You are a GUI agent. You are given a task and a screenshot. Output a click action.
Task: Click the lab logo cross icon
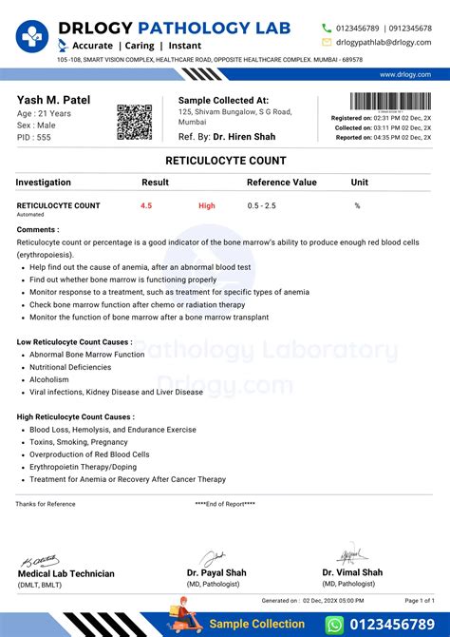click(31, 37)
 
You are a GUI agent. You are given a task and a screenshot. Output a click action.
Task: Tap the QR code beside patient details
click(134, 121)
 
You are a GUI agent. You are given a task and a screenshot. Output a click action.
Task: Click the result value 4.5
click(146, 205)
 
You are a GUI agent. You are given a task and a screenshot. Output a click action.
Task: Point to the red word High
click(207, 205)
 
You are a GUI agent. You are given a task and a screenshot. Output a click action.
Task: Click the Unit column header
click(360, 182)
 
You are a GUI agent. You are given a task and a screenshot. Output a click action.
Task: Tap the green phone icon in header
click(327, 29)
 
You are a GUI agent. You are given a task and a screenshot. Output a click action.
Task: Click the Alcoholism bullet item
click(50, 378)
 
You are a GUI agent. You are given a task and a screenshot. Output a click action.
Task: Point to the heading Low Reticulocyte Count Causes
click(74, 341)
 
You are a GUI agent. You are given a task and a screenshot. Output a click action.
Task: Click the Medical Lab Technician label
click(66, 573)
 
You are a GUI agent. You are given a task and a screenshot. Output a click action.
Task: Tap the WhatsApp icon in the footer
click(333, 625)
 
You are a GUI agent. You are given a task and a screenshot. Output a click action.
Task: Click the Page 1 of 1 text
click(420, 601)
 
